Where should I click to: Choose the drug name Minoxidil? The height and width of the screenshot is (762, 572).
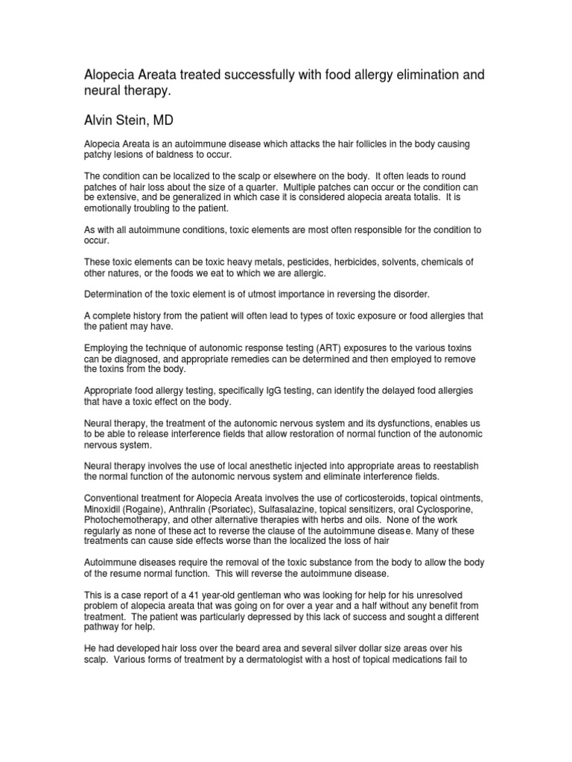[x=104, y=509]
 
